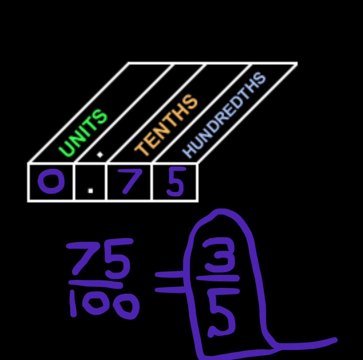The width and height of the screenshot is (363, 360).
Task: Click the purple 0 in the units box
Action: (x=51, y=182)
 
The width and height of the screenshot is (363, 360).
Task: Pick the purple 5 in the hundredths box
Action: (x=175, y=181)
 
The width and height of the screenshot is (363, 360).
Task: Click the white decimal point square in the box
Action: (x=90, y=191)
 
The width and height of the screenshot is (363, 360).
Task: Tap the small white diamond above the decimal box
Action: (x=100, y=155)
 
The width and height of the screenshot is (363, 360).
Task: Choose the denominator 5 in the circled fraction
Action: (x=221, y=313)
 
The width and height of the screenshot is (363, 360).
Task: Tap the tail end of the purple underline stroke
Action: (x=334, y=340)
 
